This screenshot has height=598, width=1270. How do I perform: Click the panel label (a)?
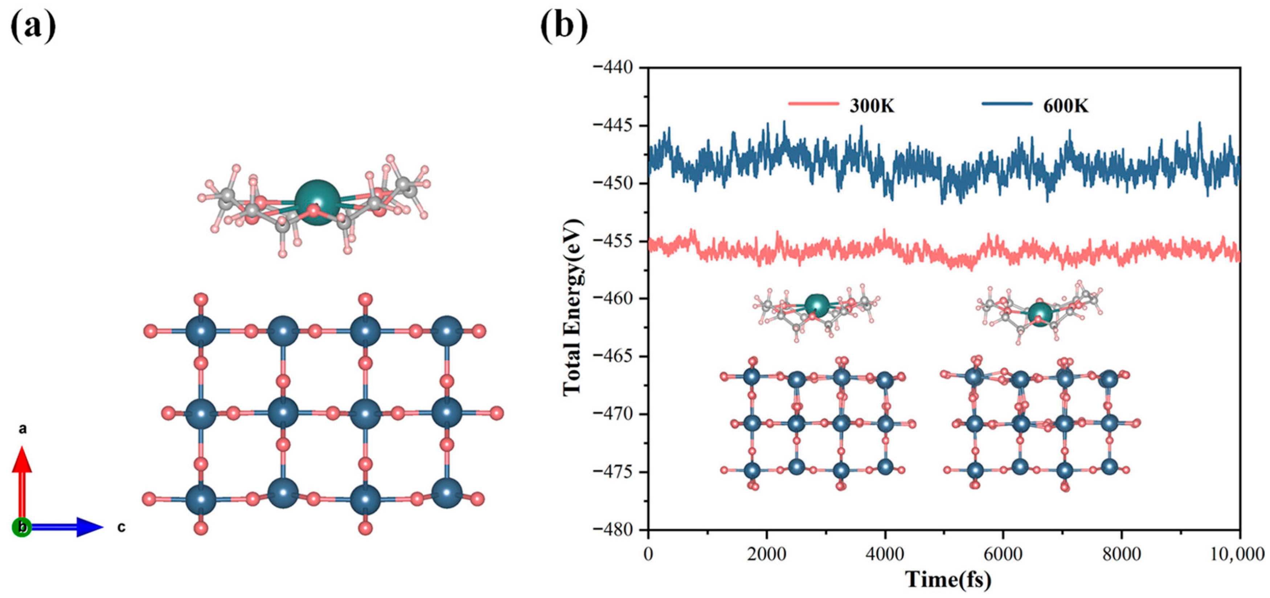[x=33, y=25]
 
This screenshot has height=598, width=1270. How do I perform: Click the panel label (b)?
[x=564, y=25]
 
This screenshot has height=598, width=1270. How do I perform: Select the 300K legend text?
[x=871, y=106]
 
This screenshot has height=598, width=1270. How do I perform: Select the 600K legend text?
[x=1065, y=106]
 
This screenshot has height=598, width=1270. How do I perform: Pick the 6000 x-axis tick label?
[x=1003, y=554]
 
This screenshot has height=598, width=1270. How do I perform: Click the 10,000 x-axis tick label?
[x=1237, y=554]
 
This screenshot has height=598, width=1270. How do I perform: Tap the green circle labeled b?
[x=22, y=527]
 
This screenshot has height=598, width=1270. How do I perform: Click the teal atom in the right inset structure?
[x=1040, y=313]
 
